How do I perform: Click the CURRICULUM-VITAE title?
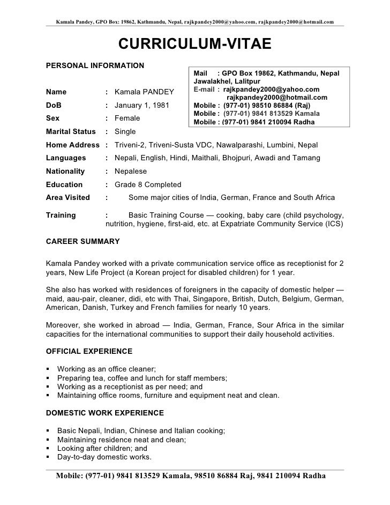pyautogui.click(x=195, y=45)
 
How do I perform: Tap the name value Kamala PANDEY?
pyautogui.click(x=142, y=92)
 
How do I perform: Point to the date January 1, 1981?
pyautogui.click(x=142, y=105)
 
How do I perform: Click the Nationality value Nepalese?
pyautogui.click(x=131, y=171)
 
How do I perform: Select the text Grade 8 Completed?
pyautogui.click(x=148, y=184)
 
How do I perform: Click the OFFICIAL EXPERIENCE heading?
pyautogui.click(x=89, y=351)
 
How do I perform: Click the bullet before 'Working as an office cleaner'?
pyautogui.click(x=49, y=369)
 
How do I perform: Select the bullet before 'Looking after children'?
pyautogui.click(x=49, y=448)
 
